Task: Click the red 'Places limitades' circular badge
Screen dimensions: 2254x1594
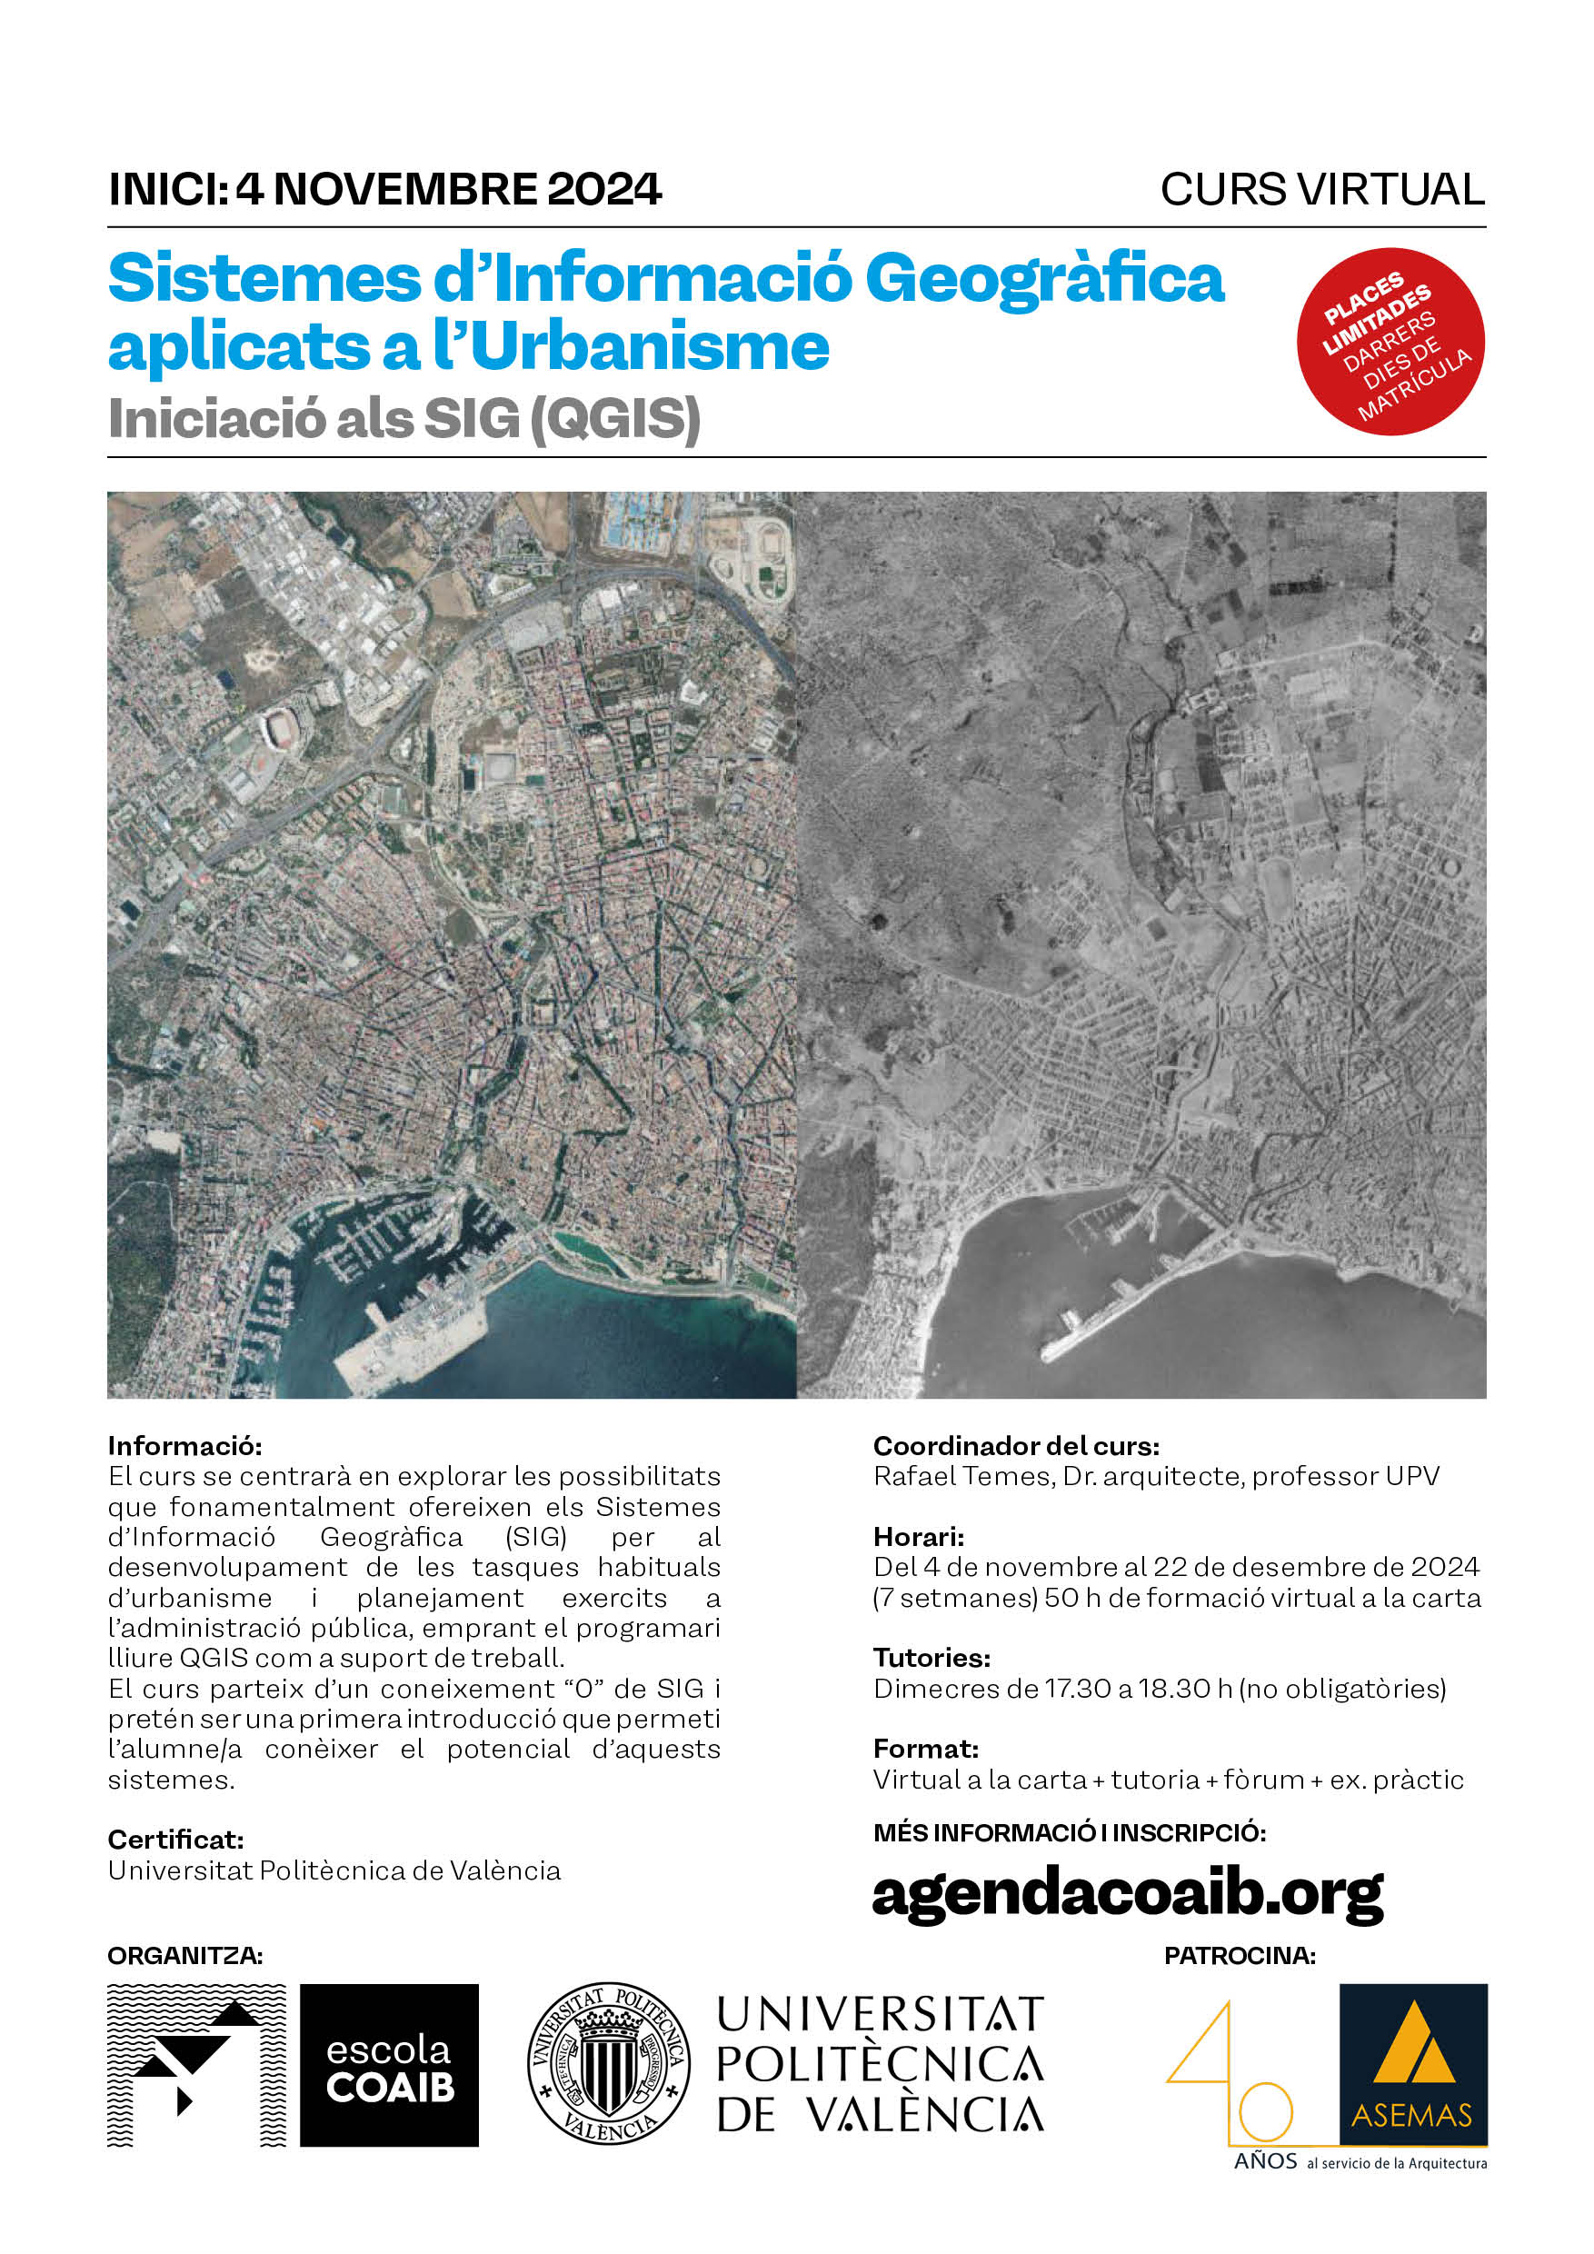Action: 1390,341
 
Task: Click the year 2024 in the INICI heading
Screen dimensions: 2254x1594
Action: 603,189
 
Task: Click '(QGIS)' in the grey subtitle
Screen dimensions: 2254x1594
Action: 615,419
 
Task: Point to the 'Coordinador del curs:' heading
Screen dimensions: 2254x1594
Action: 1016,1446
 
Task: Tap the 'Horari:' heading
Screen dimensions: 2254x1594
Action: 918,1536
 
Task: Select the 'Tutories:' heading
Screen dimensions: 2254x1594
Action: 931,1658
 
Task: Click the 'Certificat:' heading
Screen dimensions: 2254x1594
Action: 175,1840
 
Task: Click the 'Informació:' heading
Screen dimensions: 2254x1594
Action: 184,1446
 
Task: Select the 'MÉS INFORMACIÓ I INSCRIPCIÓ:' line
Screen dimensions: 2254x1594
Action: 1069,1833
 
